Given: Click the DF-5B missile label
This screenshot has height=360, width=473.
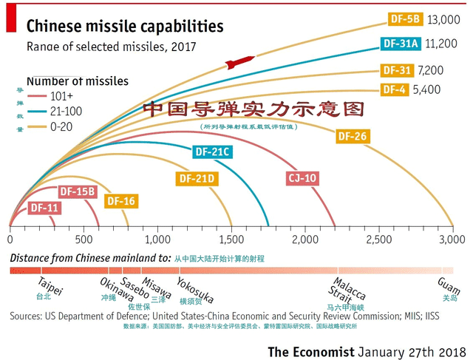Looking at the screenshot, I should [x=405, y=19].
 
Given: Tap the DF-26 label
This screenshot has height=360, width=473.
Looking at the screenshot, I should [x=352, y=137].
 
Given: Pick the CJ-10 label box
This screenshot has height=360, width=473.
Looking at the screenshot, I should [x=302, y=178].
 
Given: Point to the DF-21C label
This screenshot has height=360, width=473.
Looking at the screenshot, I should [x=212, y=153].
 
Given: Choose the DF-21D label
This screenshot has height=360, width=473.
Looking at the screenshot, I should [x=197, y=178].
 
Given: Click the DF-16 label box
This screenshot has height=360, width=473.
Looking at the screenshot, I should [x=120, y=201].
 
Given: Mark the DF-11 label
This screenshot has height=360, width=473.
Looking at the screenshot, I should [x=44, y=208].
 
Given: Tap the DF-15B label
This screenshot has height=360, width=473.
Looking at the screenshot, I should [x=78, y=192].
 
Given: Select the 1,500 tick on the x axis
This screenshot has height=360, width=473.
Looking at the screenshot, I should [x=231, y=240].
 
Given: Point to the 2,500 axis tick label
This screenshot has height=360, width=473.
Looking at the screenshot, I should [x=378, y=240].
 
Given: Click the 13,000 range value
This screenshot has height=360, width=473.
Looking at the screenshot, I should [x=443, y=19].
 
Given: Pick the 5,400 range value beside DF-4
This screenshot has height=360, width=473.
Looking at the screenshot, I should [x=427, y=89].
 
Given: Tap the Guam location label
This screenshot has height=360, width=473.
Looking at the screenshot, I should [x=449, y=285].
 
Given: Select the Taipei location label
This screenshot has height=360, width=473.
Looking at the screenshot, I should [x=50, y=284].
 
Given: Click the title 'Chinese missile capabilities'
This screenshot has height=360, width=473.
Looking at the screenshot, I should [x=125, y=27].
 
